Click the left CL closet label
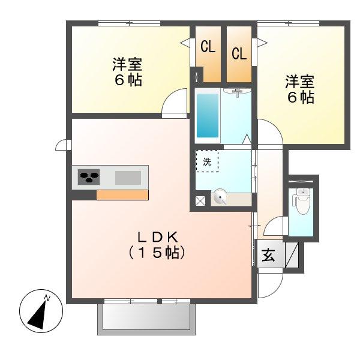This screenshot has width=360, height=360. coord(208,47)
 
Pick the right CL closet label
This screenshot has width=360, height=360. coord(239,53)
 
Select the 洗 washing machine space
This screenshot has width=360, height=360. coord(207,161)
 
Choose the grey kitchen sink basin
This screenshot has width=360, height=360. coord(127,177)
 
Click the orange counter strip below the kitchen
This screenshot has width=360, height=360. coord(122,194)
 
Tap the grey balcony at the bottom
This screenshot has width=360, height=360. coord(147,317)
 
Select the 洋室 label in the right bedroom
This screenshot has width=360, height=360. coord(299,82)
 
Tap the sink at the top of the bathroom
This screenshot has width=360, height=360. coord(237,92)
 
